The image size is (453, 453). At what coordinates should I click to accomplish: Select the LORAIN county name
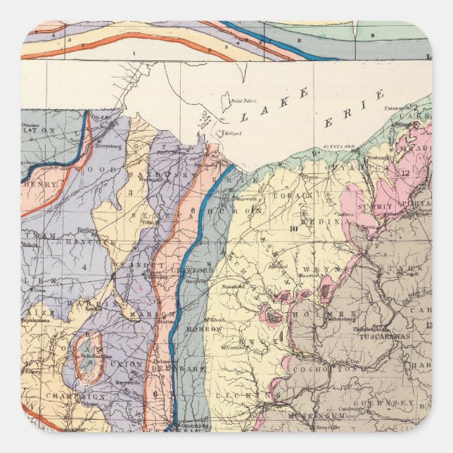coord(290,196)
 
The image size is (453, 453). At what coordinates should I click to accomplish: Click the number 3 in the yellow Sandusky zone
coord(129,191)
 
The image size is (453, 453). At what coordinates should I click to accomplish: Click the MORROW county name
coord(204,328)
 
